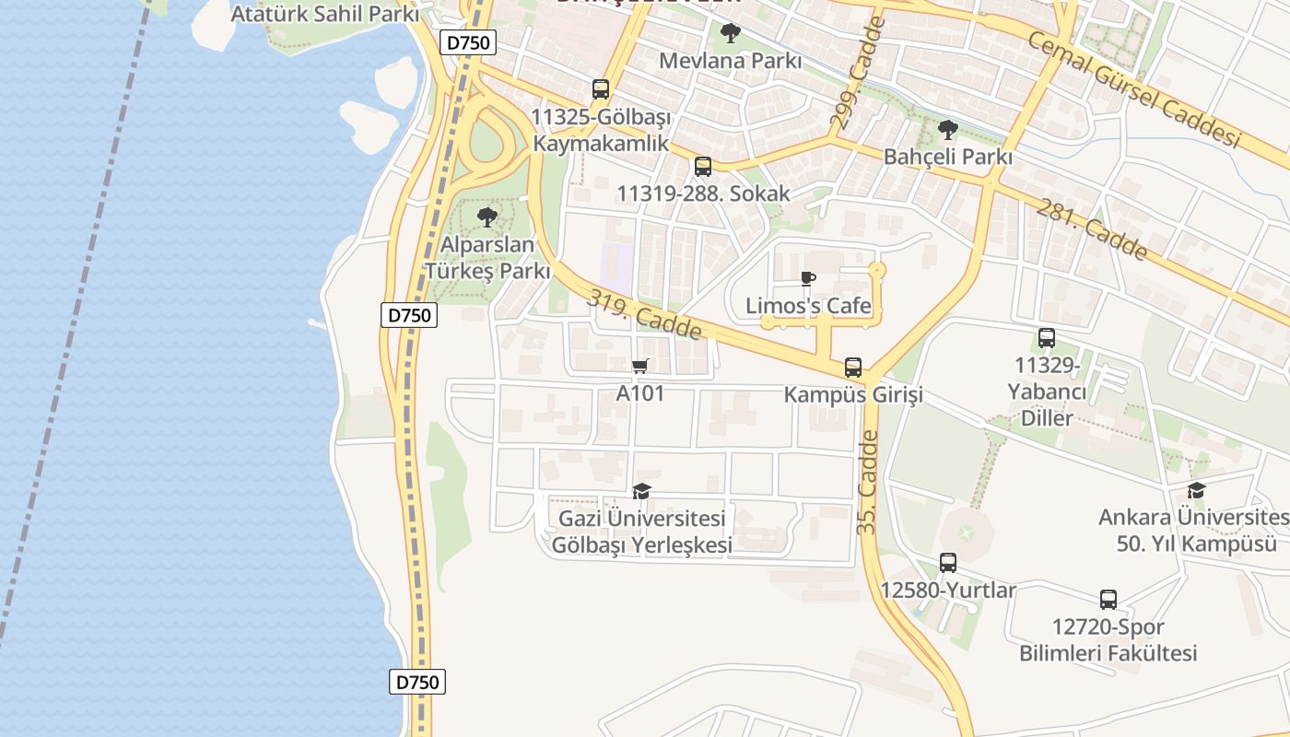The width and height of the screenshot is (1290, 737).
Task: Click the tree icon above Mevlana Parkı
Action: coord(731,34)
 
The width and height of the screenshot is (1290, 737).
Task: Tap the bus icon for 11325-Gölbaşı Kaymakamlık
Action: coord(601,89)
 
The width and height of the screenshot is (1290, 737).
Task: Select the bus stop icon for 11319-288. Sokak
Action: coord(703,167)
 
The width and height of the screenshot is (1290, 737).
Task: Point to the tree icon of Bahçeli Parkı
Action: coord(947,130)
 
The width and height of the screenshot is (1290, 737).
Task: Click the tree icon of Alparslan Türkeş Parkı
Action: coord(487,218)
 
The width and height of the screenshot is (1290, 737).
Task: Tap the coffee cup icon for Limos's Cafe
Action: coord(808,278)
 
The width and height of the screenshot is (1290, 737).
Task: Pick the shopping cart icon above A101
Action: coord(640,367)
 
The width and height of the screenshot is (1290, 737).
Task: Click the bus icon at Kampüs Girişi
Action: coord(853,368)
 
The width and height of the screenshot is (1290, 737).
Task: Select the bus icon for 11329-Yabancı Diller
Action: coord(1047,338)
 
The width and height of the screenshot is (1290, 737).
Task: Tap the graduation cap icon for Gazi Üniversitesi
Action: coord(642,491)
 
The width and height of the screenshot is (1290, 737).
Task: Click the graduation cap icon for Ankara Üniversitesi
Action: coord(1196,490)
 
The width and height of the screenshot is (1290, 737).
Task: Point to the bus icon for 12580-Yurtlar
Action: coord(948,562)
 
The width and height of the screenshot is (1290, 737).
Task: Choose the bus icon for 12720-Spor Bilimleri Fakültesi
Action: coord(1108,600)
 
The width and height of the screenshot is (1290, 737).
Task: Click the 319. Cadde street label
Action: coord(645,314)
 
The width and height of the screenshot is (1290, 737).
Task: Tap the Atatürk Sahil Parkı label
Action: coord(324,14)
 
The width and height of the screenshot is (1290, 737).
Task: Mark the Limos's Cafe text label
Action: coord(808,306)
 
